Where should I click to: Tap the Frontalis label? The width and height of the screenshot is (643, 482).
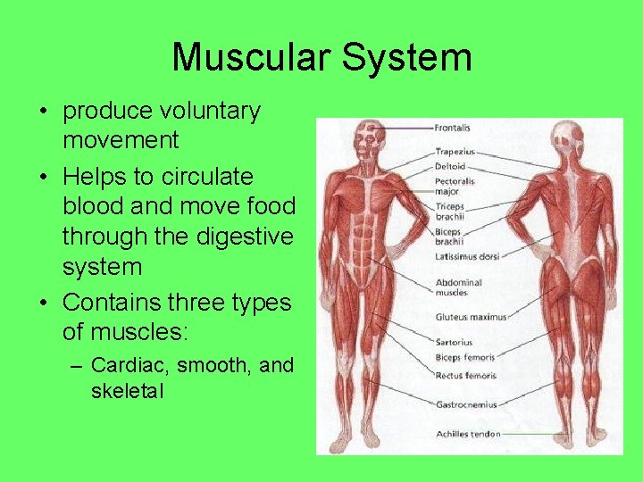[x=453, y=128]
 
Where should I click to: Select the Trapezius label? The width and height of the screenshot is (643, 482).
[x=455, y=153]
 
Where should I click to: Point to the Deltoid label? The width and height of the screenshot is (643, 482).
[x=450, y=166]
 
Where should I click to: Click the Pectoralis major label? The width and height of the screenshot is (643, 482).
[x=455, y=186]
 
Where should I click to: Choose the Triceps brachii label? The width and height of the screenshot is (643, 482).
[x=452, y=212]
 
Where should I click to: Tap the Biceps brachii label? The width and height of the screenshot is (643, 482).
[x=450, y=236]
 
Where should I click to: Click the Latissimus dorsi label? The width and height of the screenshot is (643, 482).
[x=467, y=258]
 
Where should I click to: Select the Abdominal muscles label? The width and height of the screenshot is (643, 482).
[x=457, y=287]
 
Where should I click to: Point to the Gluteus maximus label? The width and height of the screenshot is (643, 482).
[x=471, y=317]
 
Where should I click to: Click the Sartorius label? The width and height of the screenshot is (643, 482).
[x=454, y=342]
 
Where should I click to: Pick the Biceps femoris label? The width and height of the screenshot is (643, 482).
[x=465, y=358]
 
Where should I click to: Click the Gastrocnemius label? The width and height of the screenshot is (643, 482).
[x=466, y=404]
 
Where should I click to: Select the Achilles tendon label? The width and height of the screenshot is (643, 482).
[x=468, y=435]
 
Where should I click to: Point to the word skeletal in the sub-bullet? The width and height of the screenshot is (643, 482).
[x=127, y=391]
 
